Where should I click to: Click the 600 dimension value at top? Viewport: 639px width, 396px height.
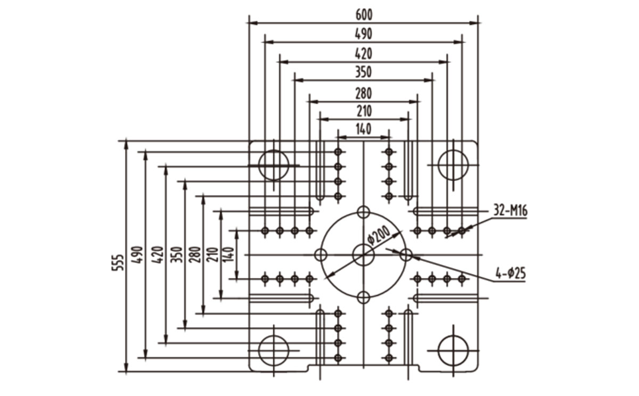click(364, 15)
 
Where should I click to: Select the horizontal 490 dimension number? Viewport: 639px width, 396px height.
click(363, 34)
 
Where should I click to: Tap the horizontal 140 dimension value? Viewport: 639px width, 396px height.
click(363, 129)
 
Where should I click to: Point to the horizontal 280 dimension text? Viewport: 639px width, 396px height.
click(363, 94)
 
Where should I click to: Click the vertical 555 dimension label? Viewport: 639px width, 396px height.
click(118, 262)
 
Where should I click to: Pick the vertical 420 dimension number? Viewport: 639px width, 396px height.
click(158, 254)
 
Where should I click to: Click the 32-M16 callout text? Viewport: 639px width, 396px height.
click(510, 211)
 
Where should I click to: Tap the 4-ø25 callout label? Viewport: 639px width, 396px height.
click(510, 274)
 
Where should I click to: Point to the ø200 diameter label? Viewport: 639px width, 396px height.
click(378, 235)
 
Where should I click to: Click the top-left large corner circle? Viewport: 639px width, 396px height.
click(274, 165)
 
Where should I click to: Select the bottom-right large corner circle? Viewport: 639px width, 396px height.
click(453, 351)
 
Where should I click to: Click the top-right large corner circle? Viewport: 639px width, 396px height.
click(453, 165)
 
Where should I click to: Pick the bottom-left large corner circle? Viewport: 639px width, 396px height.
click(274, 351)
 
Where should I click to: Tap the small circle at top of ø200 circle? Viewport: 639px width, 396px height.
click(363, 212)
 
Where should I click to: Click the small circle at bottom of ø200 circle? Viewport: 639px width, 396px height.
click(363, 298)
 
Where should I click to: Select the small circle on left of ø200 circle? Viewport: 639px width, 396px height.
click(321, 255)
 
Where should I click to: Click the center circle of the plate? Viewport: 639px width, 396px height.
click(363, 255)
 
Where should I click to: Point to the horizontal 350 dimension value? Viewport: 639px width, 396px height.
click(363, 72)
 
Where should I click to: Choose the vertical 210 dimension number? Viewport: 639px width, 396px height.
click(212, 254)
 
